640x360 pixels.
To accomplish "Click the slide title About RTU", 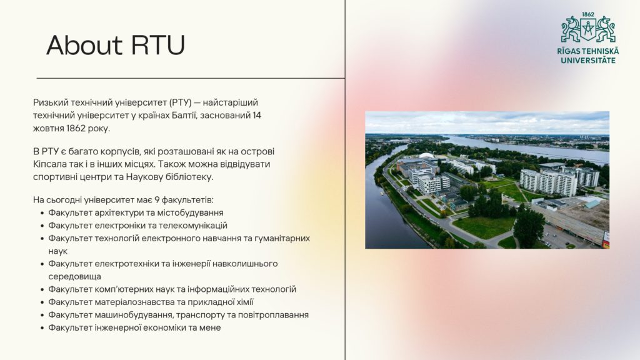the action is click(116, 45).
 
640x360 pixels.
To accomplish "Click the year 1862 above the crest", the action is click(588, 14).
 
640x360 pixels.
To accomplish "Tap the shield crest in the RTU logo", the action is click(588, 29).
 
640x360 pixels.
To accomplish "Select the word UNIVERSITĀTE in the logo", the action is click(587, 61).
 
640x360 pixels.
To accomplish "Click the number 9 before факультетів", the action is click(157, 200).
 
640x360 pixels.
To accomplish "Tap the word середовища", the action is click(75, 276).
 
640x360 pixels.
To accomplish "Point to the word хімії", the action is click(244, 302).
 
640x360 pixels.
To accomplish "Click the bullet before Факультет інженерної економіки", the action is click(42, 327).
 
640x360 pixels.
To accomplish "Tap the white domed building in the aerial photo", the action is click(427, 156).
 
